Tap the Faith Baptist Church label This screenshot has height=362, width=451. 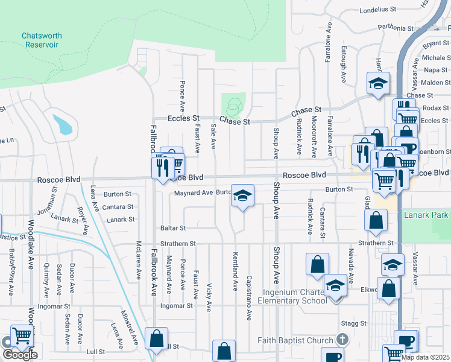295,340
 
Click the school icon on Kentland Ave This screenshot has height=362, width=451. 242,195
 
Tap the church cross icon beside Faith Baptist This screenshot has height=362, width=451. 342,340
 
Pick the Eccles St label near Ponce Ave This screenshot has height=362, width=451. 184,118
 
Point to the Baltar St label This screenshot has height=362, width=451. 173,229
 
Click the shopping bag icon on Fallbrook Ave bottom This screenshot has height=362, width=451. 157,340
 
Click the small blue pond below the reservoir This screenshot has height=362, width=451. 63,124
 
